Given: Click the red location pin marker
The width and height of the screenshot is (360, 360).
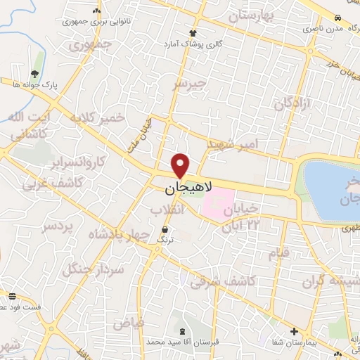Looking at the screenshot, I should pos(181,165).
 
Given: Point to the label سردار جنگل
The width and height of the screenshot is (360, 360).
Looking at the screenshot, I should pos(93,266).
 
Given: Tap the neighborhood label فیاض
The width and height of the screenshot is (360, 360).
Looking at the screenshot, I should pos(128,322).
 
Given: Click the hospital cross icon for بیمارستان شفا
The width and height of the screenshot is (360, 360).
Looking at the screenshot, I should pos(294,331).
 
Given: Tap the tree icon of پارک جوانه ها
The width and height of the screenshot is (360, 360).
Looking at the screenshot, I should pos(34,74).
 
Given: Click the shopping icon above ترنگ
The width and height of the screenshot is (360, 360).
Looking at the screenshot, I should pos(165,229).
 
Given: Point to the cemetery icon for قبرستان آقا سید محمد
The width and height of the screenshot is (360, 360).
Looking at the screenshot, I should pos(183,331).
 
